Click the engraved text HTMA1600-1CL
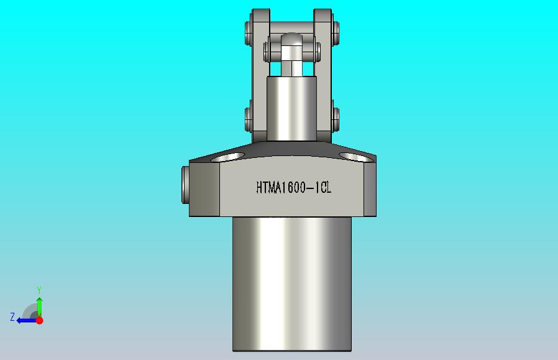tap(293, 188)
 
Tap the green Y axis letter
tap(40, 290)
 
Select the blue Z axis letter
tap(12, 317)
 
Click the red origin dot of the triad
tap(40, 320)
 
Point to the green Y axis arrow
tap(40, 307)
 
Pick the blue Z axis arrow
tap(26, 321)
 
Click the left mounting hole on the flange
tap(228, 157)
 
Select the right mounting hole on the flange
tap(355, 157)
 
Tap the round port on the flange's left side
tap(185, 185)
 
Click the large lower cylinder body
tap(292, 284)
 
